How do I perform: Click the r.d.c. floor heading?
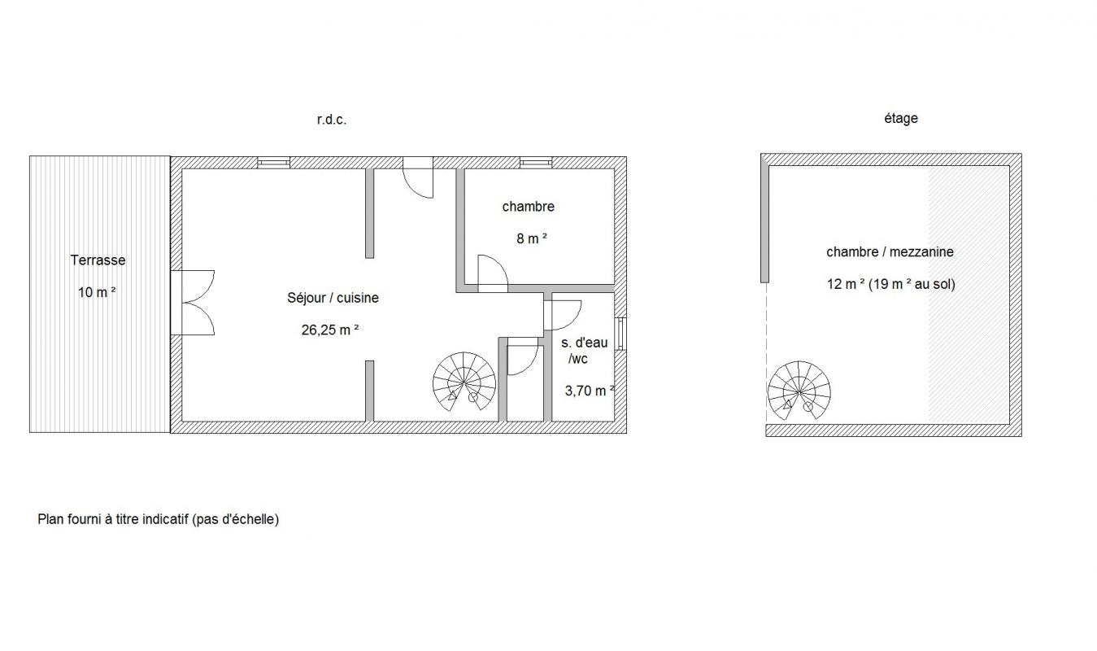[332, 120]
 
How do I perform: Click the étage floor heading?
[901, 118]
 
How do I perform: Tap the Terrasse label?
[98, 260]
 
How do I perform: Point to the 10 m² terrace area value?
[97, 292]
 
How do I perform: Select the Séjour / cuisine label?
[333, 298]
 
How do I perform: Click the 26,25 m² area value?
[330, 330]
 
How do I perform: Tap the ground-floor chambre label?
[529, 207]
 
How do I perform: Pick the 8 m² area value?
[531, 238]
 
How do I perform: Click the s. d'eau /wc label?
[584, 351]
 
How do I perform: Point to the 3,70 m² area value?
[590, 391]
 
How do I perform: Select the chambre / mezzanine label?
[890, 252]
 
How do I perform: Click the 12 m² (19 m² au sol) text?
[890, 284]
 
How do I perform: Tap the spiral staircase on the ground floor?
[464, 382]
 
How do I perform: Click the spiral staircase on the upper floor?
[799, 391]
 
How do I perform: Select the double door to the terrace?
[193, 303]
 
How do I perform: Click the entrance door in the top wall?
[418, 177]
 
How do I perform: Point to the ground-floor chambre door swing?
[493, 273]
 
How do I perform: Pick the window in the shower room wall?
[620, 334]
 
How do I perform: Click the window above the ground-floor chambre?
[536, 162]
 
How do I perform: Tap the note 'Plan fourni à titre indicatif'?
[159, 520]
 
